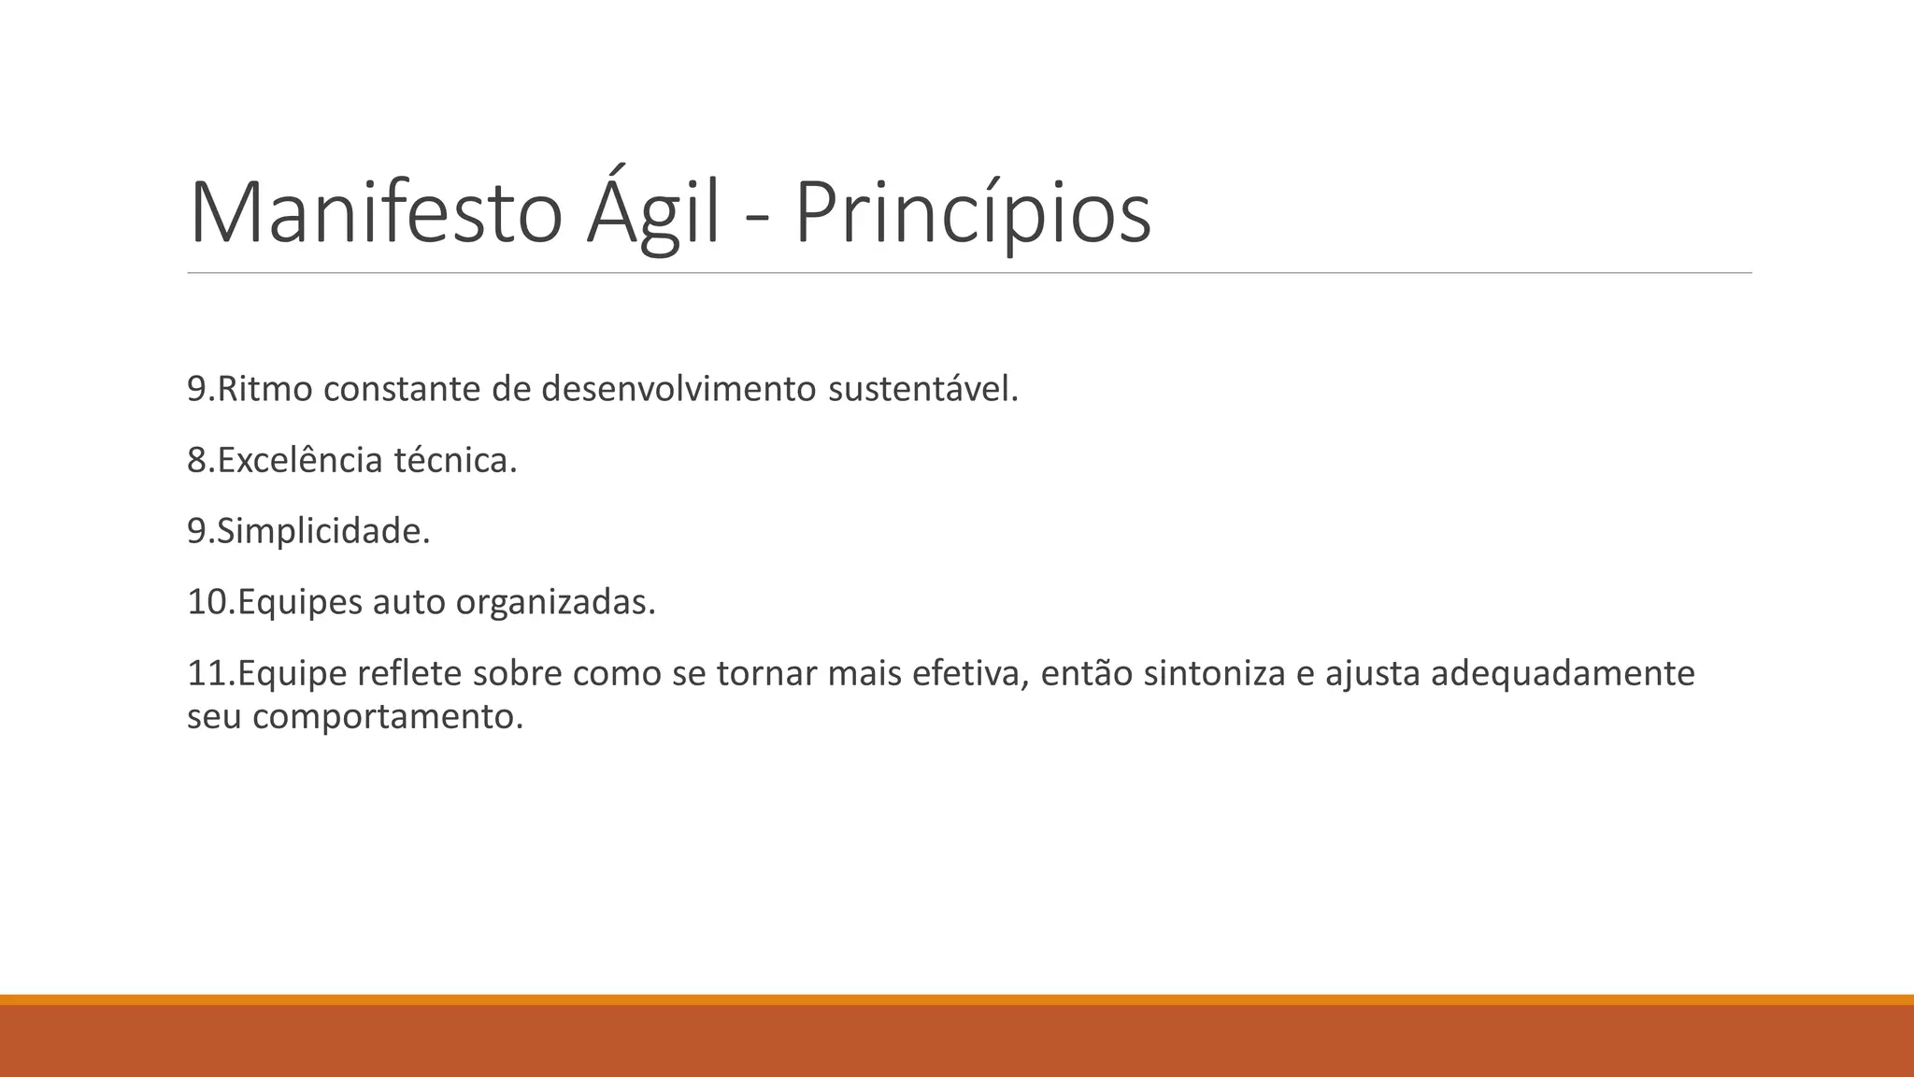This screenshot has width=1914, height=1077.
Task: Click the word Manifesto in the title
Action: point(376,213)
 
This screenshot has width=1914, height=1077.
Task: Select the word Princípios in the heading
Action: point(972,213)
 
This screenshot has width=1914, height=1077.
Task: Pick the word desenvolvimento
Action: point(678,389)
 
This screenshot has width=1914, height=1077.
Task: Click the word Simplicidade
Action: point(322,531)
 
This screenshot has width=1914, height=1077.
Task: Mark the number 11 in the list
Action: point(207,673)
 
